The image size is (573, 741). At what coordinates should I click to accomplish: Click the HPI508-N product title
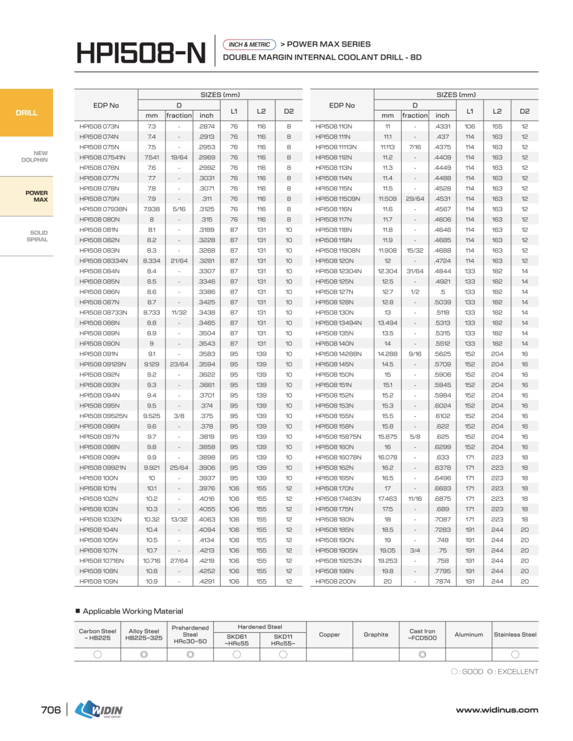[x=140, y=53]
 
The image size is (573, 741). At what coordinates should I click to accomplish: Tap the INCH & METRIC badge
[x=249, y=44]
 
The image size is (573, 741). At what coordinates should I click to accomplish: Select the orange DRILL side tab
[x=27, y=113]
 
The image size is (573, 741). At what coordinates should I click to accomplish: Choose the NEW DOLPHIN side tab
[x=35, y=156]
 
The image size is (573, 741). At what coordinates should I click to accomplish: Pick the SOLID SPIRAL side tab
[x=37, y=236]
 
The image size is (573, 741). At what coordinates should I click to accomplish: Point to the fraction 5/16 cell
[x=179, y=209]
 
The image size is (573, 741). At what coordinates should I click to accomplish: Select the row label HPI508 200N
[x=335, y=581]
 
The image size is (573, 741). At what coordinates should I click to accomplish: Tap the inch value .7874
[x=442, y=581]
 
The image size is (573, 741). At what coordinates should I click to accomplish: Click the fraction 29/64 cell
[x=415, y=198]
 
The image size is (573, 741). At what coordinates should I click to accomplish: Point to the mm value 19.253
[x=388, y=561]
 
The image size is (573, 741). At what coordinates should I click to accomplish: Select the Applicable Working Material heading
[x=133, y=611]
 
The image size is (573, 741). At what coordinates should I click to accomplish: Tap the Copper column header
[x=329, y=634]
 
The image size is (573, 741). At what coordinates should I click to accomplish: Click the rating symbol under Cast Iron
[x=422, y=655]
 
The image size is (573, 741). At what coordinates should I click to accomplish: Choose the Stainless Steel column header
[x=515, y=634]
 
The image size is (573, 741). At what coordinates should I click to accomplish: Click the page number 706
[x=51, y=710]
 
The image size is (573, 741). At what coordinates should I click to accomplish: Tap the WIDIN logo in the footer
[x=99, y=710]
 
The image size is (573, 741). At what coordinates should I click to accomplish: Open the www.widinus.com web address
[x=497, y=710]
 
